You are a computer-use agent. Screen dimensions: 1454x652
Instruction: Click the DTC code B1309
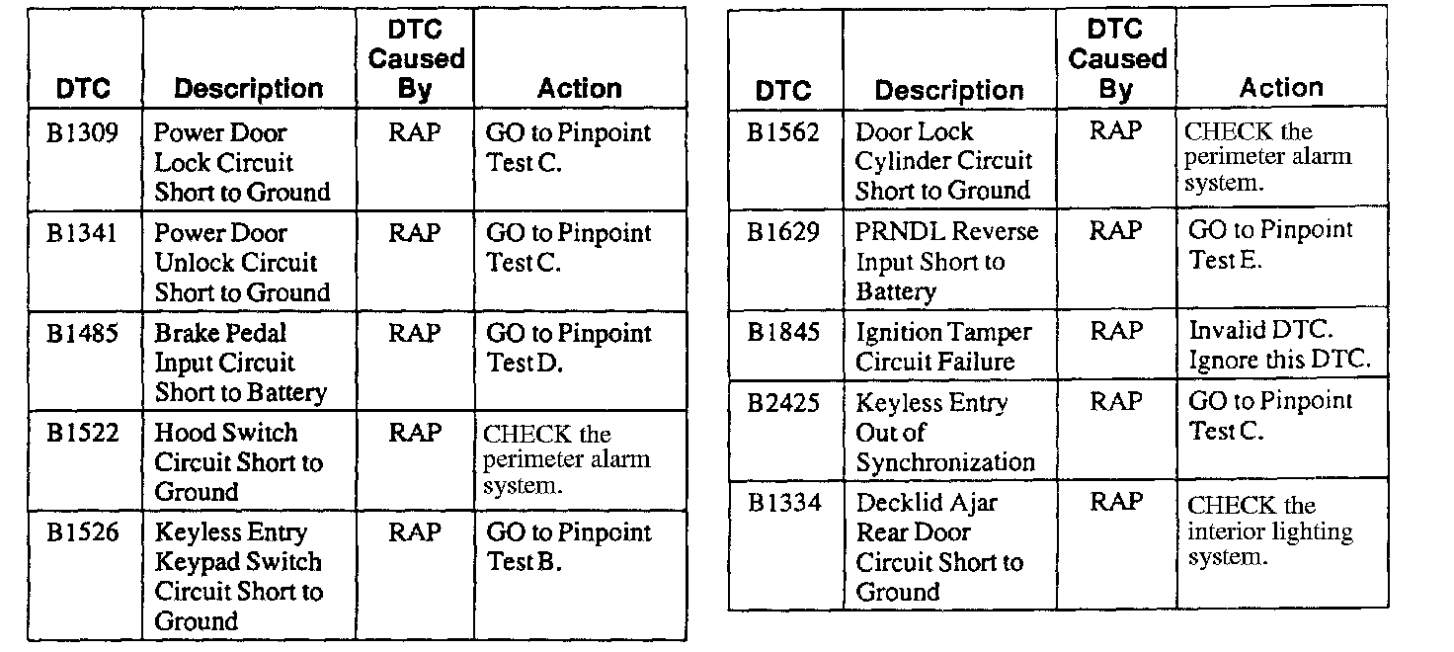pyautogui.click(x=83, y=133)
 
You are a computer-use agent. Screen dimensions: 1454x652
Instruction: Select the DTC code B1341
pyautogui.click(x=83, y=234)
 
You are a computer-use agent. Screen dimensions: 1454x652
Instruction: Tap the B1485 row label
pyautogui.click(x=83, y=334)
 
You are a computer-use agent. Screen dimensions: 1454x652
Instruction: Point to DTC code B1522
pyautogui.click(x=83, y=434)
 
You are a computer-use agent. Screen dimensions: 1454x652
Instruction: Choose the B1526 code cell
pyautogui.click(x=83, y=533)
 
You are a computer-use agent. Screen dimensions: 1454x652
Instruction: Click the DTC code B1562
pyautogui.click(x=783, y=132)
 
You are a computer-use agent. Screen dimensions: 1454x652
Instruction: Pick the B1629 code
pyautogui.click(x=783, y=232)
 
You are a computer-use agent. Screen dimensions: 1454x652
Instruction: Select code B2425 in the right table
pyautogui.click(x=783, y=403)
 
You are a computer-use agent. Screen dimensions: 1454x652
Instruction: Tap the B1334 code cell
pyautogui.click(x=783, y=503)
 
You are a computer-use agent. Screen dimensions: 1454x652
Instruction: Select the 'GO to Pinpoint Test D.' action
pyautogui.click(x=568, y=348)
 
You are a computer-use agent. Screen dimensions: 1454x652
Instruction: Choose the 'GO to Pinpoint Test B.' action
pyautogui.click(x=568, y=547)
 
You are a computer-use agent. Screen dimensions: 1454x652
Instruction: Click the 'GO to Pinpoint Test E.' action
pyautogui.click(x=1269, y=245)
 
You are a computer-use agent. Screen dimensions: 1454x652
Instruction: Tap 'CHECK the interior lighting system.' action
pyautogui.click(x=1269, y=531)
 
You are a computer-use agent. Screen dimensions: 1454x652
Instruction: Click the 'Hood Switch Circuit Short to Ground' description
pyautogui.click(x=238, y=462)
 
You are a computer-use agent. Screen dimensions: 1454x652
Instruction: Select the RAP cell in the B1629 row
pyautogui.click(x=1116, y=232)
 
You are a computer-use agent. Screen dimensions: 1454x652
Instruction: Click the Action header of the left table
pyautogui.click(x=579, y=89)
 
